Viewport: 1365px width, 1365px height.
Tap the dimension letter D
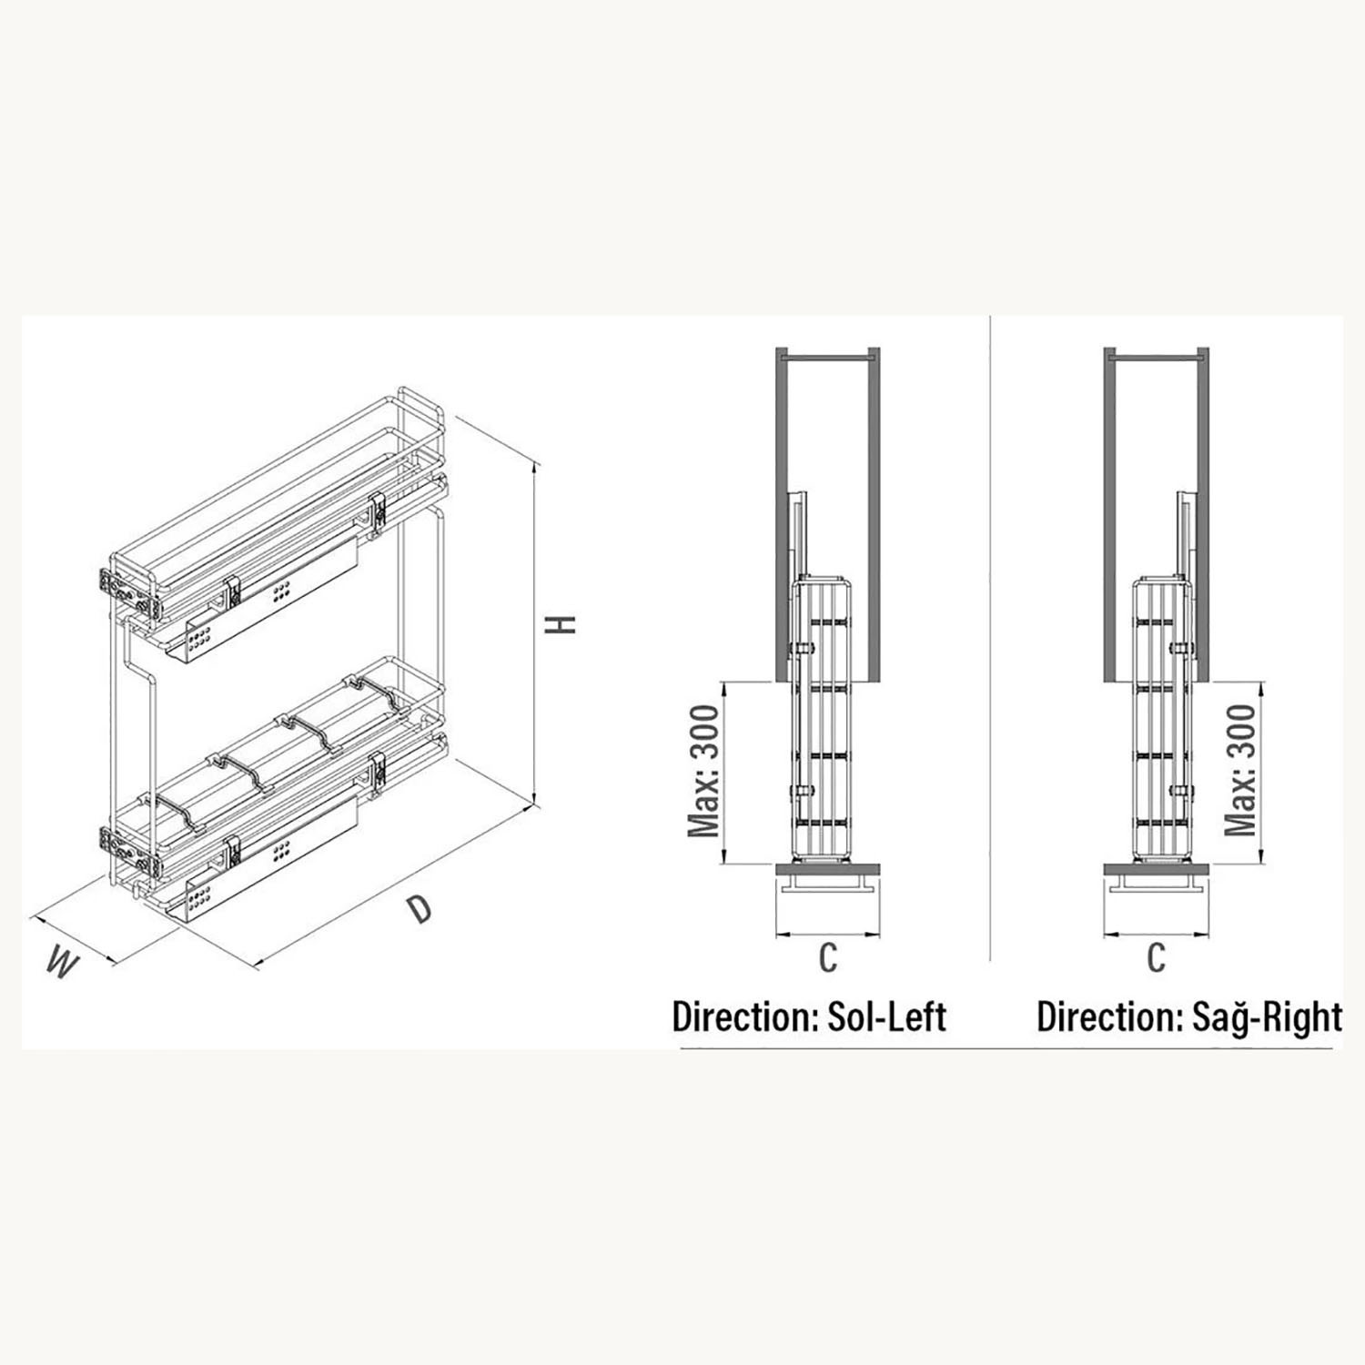418,908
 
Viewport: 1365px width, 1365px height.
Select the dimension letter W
60,963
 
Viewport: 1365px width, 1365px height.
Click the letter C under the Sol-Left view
827,957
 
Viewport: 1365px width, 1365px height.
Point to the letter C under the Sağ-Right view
1156,957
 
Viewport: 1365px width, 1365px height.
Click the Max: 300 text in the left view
704,770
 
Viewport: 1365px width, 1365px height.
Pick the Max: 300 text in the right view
1241,770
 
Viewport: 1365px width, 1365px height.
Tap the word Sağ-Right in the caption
1266,1016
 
